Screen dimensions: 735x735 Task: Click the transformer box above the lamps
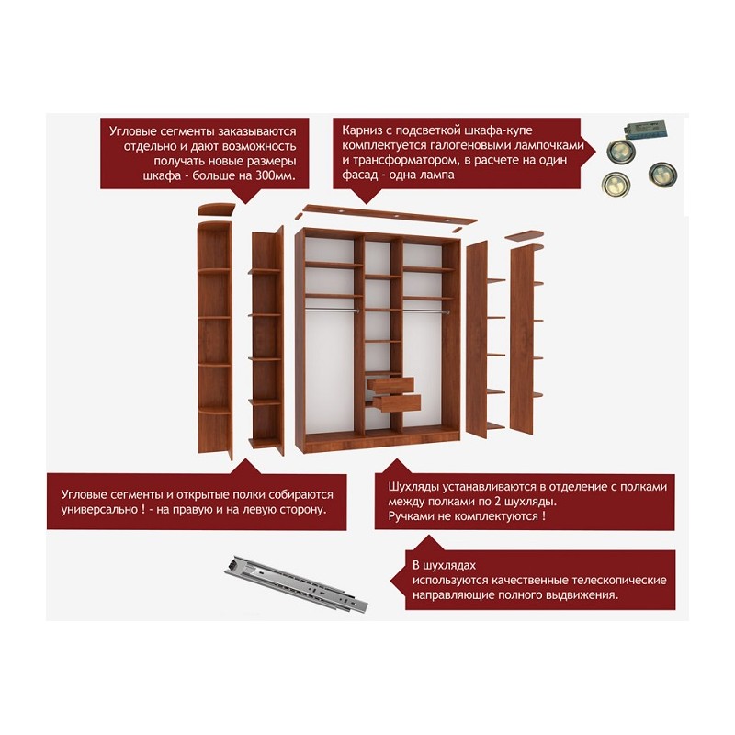(646, 128)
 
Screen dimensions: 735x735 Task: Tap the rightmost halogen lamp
(662, 174)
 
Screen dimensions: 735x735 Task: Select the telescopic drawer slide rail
(296, 584)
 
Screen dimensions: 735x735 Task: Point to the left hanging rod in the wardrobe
(332, 310)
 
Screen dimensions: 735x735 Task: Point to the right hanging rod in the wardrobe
(425, 311)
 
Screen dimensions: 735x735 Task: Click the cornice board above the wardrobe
(389, 214)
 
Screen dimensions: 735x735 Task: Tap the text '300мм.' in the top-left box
(276, 176)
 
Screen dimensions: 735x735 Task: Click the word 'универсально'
(99, 510)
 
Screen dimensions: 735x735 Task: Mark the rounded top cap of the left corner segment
(216, 209)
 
